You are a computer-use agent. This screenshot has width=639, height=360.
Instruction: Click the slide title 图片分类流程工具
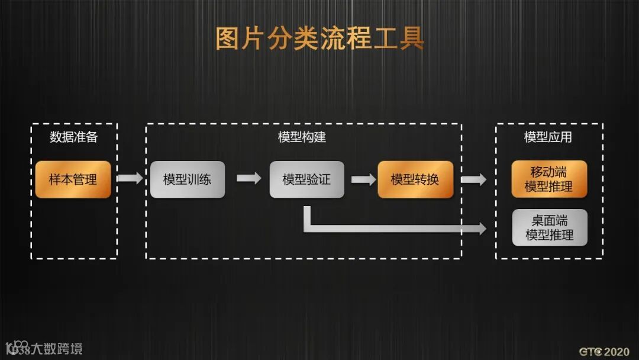coord(319,38)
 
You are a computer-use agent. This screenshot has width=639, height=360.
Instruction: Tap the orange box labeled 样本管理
coord(73,179)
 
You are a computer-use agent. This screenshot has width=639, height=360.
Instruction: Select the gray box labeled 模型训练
coord(187,179)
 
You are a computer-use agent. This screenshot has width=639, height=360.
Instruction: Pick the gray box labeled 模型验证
coord(306,179)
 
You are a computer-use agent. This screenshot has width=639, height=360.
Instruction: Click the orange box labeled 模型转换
coord(415,179)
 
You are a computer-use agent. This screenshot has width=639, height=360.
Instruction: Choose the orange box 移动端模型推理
coord(549,179)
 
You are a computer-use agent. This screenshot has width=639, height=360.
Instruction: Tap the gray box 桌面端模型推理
coord(549,227)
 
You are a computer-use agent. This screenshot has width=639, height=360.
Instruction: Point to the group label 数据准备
coord(73,137)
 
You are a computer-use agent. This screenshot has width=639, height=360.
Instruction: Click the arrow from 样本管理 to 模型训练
coord(130,178)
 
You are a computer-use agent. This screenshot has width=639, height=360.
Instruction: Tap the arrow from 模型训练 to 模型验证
coord(248,178)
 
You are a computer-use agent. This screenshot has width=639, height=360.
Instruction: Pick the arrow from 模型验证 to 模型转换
coord(363,178)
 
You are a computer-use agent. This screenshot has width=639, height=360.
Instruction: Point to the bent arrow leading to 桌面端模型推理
coord(390,227)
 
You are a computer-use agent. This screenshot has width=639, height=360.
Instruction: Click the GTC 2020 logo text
coord(603,351)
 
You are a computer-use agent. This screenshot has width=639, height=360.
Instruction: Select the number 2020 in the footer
coord(617,351)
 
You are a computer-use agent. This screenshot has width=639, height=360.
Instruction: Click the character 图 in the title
coord(227,38)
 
